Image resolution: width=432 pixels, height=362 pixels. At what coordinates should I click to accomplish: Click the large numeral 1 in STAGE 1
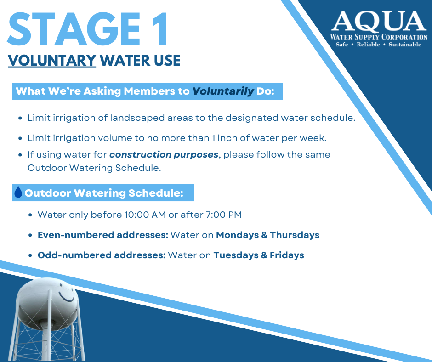click(160, 29)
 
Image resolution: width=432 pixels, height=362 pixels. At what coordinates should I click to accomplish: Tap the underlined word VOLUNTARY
click(52, 60)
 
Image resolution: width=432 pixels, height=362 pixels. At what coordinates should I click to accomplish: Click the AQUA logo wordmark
click(379, 21)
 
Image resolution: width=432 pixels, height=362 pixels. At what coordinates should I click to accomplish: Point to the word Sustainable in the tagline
click(405, 45)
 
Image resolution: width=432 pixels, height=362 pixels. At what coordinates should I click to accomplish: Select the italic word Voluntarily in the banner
click(223, 91)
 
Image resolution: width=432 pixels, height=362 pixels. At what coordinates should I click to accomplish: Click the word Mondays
click(237, 235)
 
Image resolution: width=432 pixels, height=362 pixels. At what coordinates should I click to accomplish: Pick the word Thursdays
click(295, 235)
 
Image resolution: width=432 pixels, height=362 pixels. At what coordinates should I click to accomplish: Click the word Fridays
click(287, 255)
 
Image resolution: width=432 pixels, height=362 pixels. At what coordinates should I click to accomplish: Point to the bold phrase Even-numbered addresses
click(103, 235)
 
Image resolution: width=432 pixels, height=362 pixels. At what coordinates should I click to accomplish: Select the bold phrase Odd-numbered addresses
click(102, 255)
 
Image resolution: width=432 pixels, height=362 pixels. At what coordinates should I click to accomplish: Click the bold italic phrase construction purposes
click(164, 155)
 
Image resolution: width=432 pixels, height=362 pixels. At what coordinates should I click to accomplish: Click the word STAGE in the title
click(74, 29)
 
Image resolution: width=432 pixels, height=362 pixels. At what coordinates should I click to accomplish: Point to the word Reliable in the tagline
click(369, 45)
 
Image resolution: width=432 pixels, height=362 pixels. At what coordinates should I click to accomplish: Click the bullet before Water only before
click(30, 215)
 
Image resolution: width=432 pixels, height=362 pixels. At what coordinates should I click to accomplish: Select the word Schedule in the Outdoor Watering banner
click(156, 193)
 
